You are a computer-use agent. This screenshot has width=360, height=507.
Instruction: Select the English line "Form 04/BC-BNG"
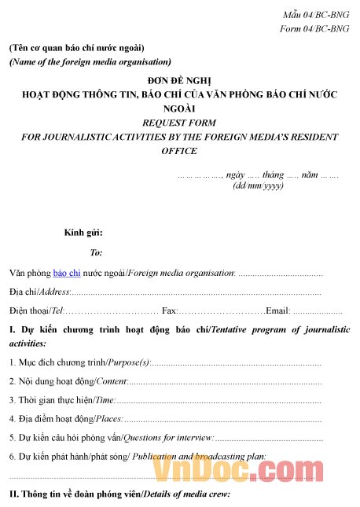(314, 29)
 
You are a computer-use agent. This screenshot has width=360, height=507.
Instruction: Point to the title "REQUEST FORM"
(179, 123)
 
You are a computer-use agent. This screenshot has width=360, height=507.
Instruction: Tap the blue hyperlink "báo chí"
(67, 273)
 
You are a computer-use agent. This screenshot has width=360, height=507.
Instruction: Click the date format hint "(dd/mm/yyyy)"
(258, 186)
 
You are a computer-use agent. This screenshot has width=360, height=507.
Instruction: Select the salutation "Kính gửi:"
(83, 233)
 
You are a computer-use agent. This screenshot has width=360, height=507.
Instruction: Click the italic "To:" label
(96, 252)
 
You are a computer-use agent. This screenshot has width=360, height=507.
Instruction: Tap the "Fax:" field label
(169, 310)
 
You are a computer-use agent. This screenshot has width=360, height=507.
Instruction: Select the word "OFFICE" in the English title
(179, 150)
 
